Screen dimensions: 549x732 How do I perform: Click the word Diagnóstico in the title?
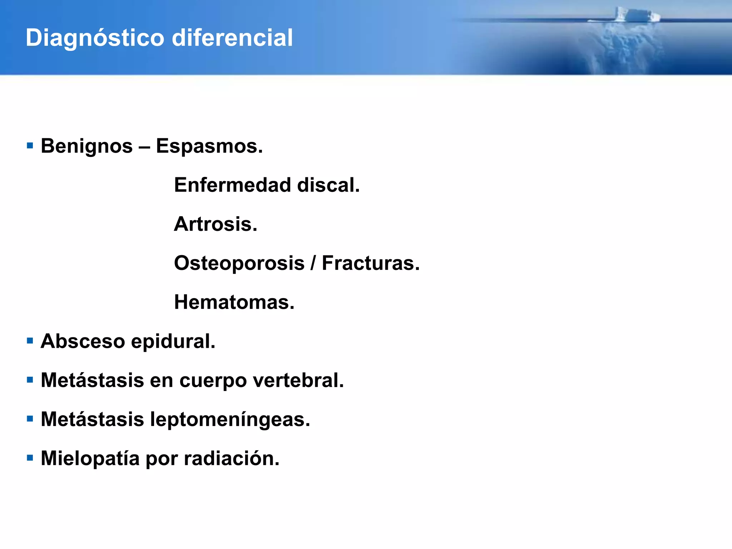[x=95, y=38]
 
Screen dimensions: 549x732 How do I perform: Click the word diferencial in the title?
[x=232, y=38]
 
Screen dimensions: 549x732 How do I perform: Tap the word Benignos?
[x=87, y=146]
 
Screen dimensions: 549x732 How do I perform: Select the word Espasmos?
[x=209, y=146]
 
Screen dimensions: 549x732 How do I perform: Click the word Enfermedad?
[x=232, y=185]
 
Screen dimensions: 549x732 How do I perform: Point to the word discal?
[x=328, y=185]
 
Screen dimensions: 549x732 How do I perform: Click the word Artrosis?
[x=216, y=224]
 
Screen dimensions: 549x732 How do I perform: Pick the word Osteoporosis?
[x=239, y=263]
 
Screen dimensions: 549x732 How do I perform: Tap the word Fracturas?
[x=371, y=263]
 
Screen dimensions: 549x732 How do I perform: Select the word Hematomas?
[x=234, y=302]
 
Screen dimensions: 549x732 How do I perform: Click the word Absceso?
[x=83, y=341]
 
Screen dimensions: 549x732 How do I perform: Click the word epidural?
[x=173, y=341]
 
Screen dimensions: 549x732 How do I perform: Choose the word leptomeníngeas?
[x=230, y=419]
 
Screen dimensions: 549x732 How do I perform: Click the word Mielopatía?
[x=90, y=458]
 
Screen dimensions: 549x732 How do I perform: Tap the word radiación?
[x=232, y=458]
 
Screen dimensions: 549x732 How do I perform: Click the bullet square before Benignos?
[x=30, y=146]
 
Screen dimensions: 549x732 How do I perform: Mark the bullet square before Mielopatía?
[x=30, y=458]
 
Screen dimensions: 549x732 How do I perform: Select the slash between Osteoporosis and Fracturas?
[x=313, y=263]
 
